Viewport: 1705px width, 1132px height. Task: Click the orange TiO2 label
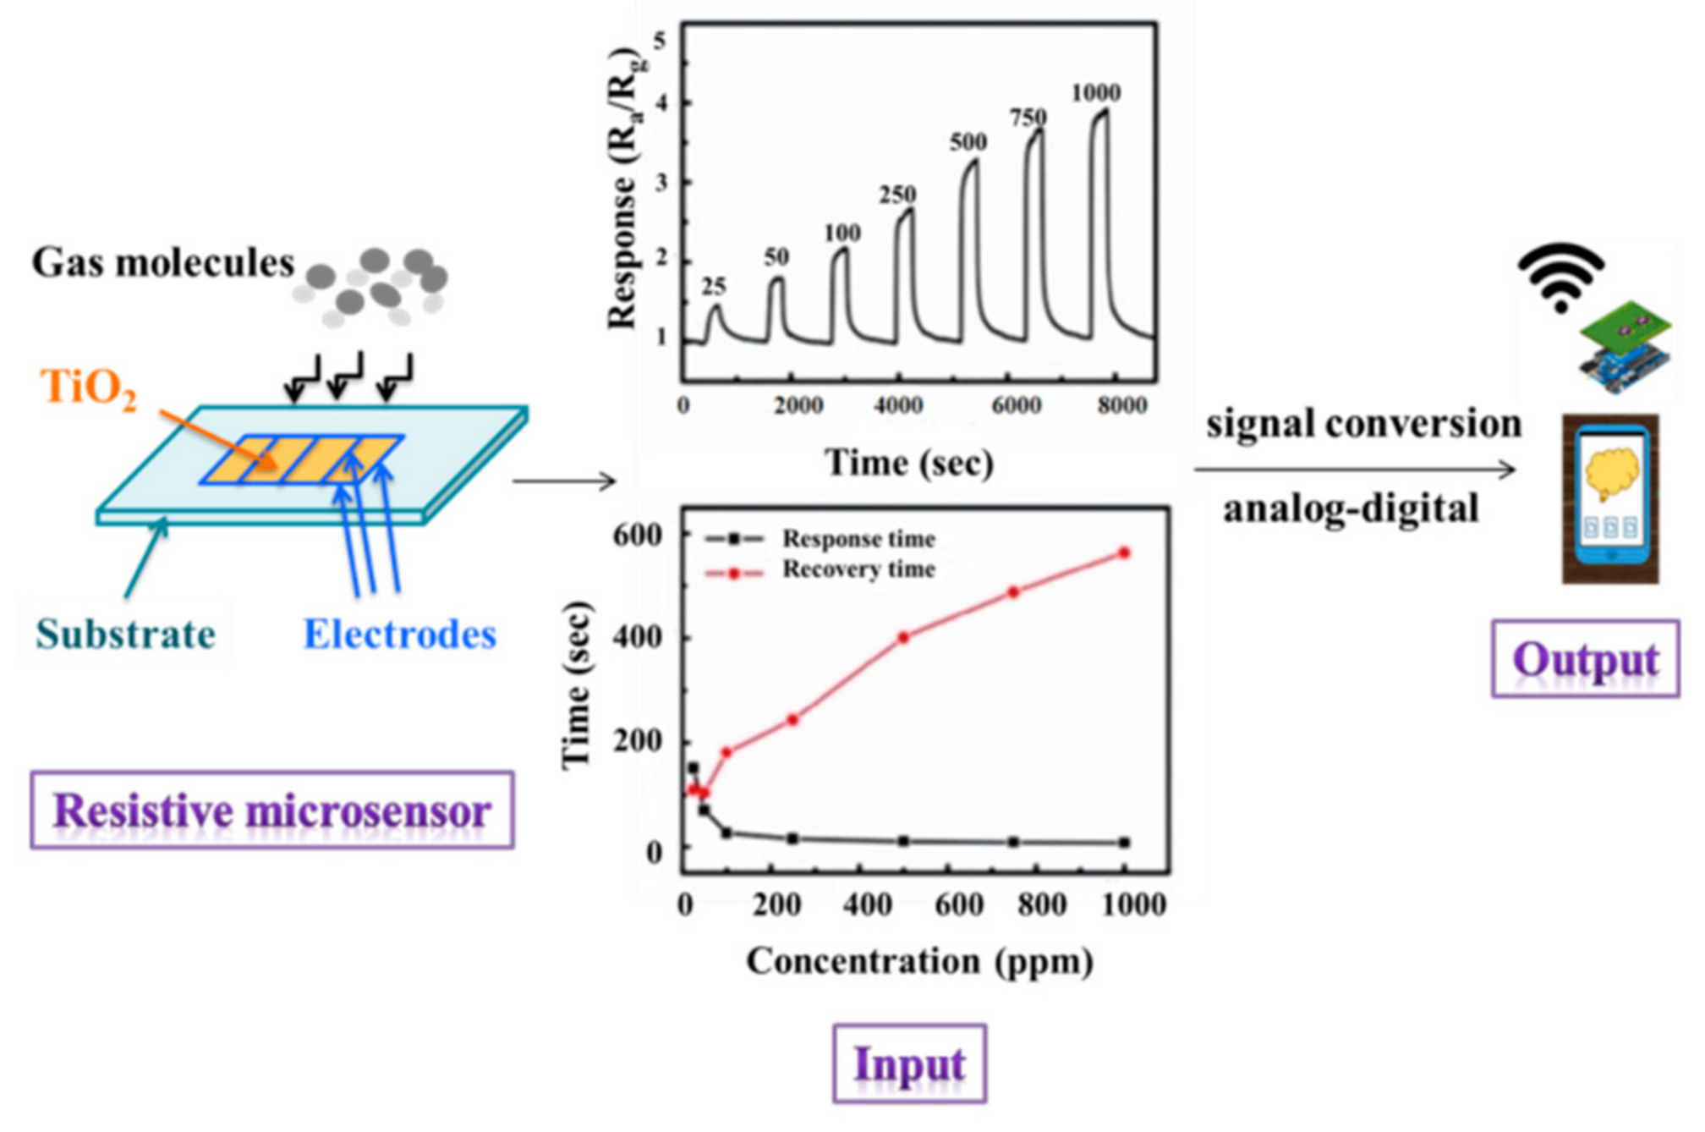point(88,388)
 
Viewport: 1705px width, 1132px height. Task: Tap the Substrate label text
point(126,635)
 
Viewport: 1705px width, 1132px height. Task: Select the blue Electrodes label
point(399,635)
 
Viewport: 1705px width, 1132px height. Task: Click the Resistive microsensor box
point(271,810)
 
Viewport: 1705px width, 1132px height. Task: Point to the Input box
point(909,1063)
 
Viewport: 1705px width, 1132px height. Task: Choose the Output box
point(1585,659)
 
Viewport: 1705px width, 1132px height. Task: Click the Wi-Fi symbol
point(1561,276)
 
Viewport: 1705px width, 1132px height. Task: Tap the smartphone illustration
point(1610,499)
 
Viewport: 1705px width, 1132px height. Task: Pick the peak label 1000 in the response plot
point(1096,93)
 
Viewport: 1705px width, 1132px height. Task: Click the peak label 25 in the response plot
point(714,288)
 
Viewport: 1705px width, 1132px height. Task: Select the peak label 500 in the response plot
point(968,142)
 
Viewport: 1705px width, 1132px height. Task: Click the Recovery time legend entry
point(858,569)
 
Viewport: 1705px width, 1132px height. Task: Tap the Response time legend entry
point(858,539)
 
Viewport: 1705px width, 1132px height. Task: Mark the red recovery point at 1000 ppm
point(1124,552)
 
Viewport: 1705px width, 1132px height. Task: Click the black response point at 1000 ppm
point(1124,843)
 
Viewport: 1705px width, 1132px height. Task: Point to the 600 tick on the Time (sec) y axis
point(638,536)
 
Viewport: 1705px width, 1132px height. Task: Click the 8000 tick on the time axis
point(1122,406)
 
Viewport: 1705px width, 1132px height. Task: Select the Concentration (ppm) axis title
point(919,961)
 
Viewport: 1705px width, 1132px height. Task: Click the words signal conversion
point(1363,424)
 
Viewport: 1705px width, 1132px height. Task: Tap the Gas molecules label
point(163,263)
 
